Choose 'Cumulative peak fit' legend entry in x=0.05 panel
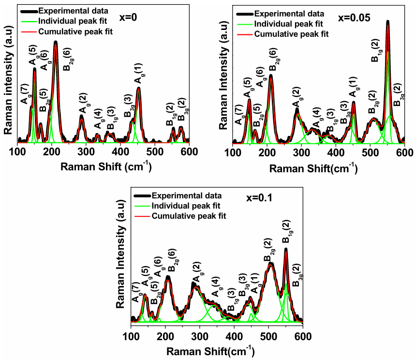point(291,34)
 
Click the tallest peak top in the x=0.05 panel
point(388,22)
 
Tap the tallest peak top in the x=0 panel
point(56,43)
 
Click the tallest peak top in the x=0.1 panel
point(286,250)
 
